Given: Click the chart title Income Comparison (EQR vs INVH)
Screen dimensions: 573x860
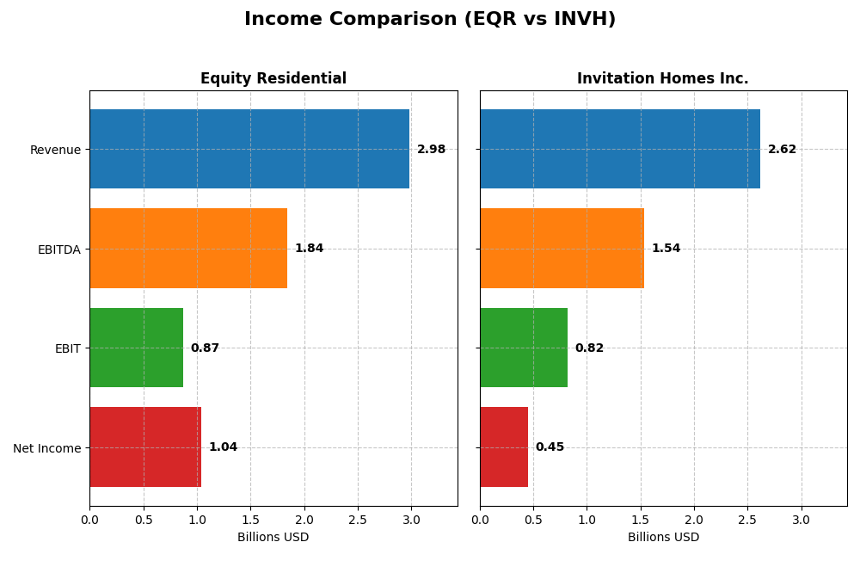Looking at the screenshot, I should [x=430, y=19].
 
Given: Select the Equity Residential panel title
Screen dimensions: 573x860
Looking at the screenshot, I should [x=273, y=78].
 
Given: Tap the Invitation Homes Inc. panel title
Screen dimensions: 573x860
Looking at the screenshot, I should [x=662, y=78].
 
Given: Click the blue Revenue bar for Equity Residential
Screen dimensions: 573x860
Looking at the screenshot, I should [x=249, y=149].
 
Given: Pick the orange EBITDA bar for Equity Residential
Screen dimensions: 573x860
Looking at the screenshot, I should [x=188, y=249].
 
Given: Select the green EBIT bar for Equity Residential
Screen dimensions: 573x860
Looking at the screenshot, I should [x=136, y=348].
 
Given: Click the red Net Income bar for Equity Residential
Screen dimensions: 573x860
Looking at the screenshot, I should [x=145, y=447].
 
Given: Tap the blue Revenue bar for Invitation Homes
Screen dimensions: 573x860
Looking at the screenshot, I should [x=620, y=149].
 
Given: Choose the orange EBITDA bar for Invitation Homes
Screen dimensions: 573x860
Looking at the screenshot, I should [x=562, y=249].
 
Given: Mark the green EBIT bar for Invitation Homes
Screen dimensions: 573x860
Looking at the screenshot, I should [x=524, y=348].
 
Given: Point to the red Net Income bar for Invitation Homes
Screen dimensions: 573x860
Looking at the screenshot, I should [x=504, y=447].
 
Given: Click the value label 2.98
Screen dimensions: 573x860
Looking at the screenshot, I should [x=431, y=150].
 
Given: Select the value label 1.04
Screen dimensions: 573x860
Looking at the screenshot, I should [x=223, y=447].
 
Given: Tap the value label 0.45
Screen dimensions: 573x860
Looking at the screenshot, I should [x=550, y=447].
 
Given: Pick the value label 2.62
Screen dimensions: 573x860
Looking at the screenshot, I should [x=782, y=150].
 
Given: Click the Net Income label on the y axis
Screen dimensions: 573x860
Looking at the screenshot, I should [x=46, y=448].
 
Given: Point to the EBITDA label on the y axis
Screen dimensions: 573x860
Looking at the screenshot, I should [x=58, y=250].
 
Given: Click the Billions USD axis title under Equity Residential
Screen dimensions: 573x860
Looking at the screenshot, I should [x=273, y=538].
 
